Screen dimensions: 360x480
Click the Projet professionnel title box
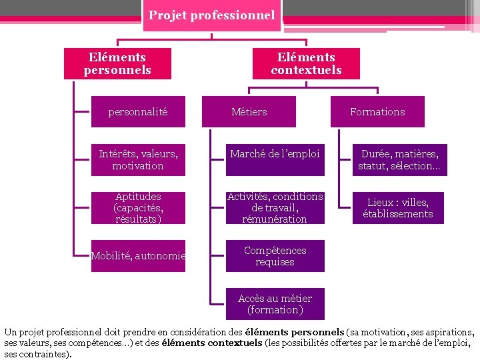pos(212,15)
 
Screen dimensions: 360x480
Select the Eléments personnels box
pos(117,63)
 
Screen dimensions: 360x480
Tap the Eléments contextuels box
pos(306,63)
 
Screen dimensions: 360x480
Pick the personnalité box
pos(138,112)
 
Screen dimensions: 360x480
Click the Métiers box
pos(249,112)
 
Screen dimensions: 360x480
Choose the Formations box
pos(377,112)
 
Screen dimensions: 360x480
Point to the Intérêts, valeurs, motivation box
pos(138,160)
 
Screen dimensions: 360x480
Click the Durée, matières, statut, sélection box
pos(399,160)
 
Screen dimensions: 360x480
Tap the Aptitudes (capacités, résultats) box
pos(138,208)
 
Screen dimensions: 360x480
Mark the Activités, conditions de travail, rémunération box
pos(275,208)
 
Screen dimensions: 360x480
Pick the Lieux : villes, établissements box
pos(398,208)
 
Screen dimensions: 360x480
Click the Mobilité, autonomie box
pos(138,256)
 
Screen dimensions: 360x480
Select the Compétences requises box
pos(275,256)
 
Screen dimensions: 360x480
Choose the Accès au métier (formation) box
pos(275,304)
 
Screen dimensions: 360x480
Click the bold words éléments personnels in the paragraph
pos(295,332)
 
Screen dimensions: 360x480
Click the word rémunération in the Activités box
pos(275,219)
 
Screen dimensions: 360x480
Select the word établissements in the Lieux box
pos(398,214)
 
